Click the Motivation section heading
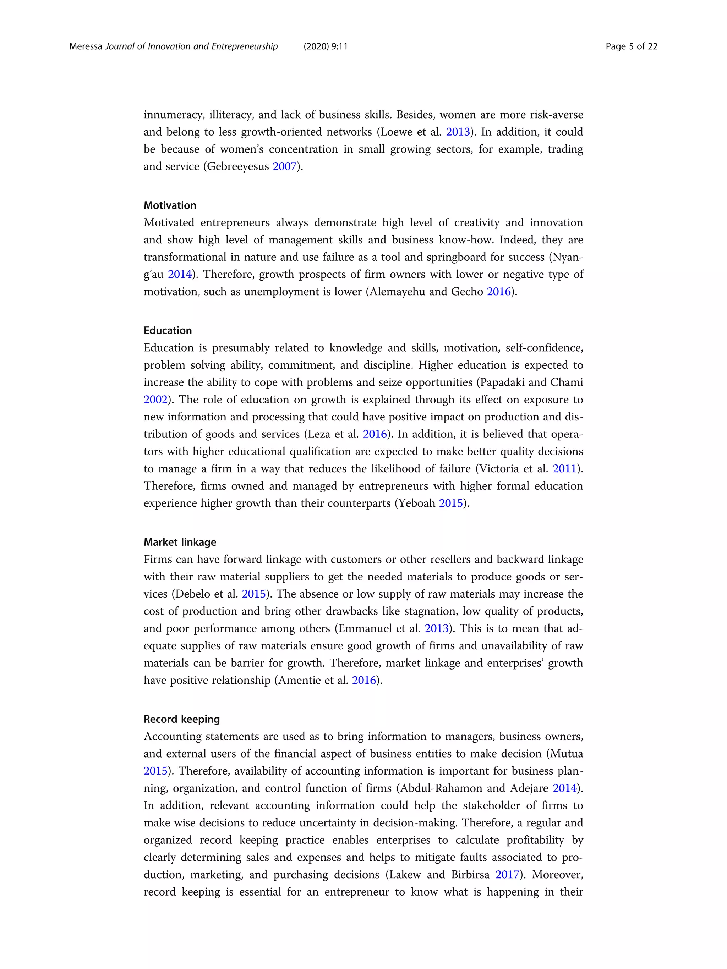pos(170,205)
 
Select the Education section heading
pos(168,330)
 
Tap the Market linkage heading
pos(180,542)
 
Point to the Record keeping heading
pos(181,719)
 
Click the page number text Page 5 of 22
pos(631,46)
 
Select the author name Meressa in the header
pos(86,46)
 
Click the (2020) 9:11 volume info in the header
pos(325,46)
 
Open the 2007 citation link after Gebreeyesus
pos(284,166)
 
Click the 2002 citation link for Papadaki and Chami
pos(155,400)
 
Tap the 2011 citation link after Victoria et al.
pos(564,469)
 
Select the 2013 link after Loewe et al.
pos(458,132)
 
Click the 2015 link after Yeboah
pos(451,503)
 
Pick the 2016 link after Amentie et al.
pos(364,680)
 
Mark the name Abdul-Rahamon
pos(441,788)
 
